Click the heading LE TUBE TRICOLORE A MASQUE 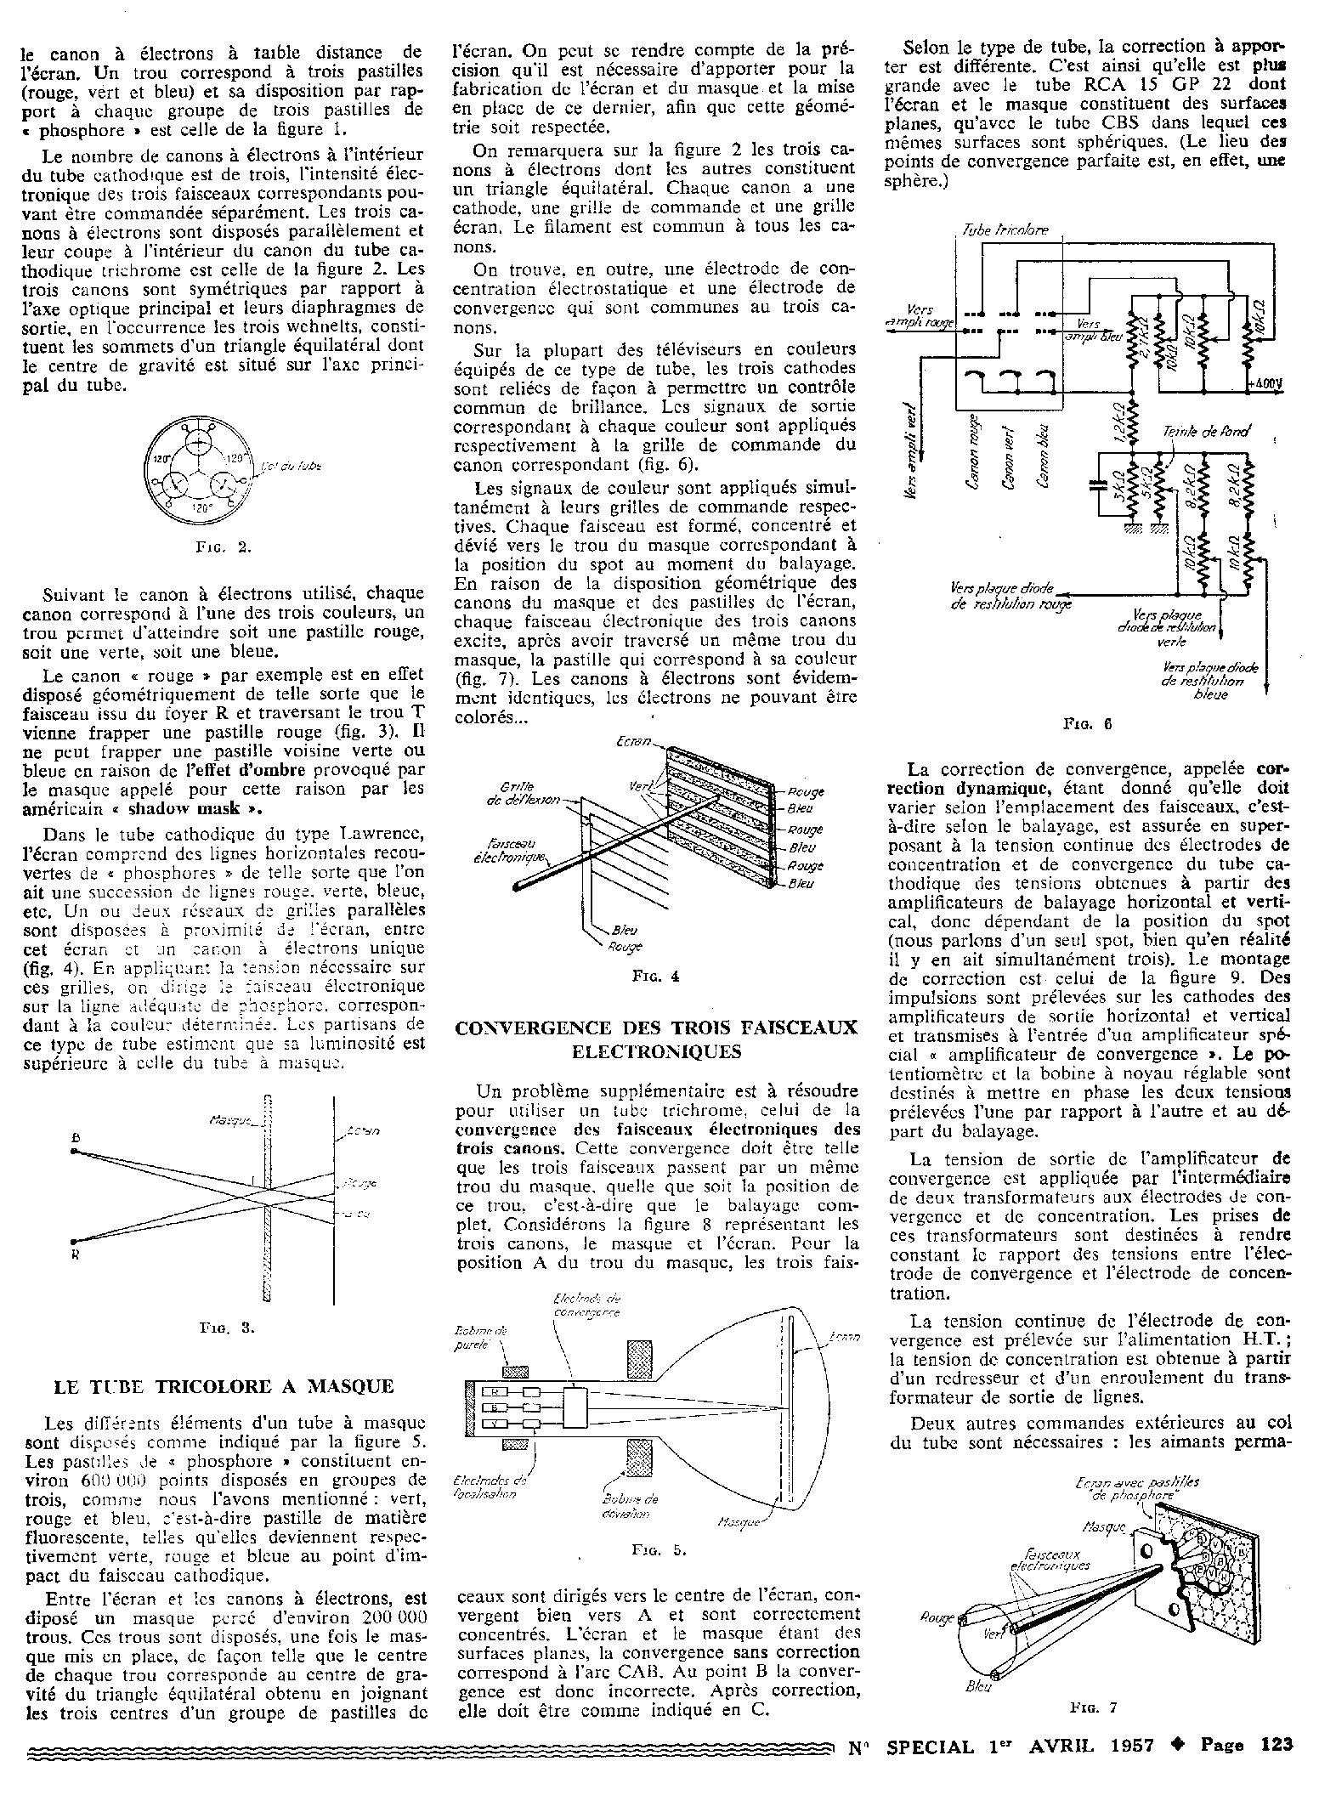pos(224,1387)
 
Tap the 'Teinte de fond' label pos(1206,431)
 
